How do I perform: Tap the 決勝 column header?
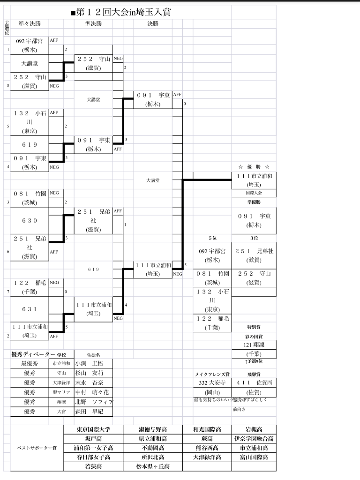(x=153, y=23)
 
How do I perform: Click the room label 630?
(x=29, y=221)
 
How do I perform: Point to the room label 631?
(x=29, y=309)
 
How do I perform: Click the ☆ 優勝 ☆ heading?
(x=254, y=167)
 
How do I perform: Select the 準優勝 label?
(x=254, y=202)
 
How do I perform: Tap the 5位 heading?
(x=212, y=238)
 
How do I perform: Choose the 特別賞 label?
(x=254, y=327)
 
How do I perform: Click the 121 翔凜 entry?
(x=254, y=345)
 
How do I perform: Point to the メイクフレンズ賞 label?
(x=212, y=374)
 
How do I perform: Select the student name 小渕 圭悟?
(x=89, y=363)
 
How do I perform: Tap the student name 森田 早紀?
(x=89, y=412)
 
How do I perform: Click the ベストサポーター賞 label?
(x=37, y=448)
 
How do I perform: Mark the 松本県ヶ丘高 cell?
(x=153, y=466)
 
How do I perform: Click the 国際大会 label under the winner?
(x=254, y=193)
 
